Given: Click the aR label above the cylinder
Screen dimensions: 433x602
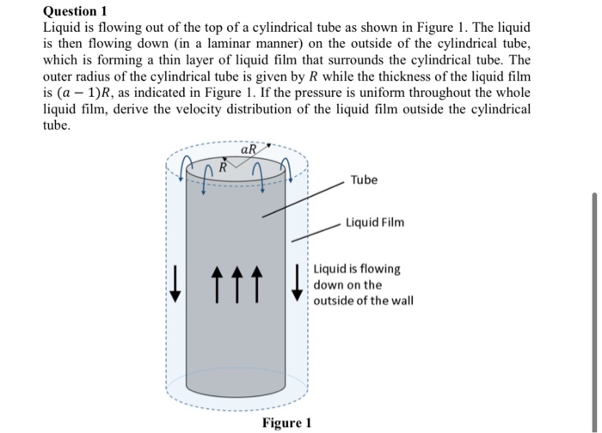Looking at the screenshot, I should [249, 149].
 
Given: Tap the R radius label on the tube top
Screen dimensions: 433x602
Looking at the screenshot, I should [222, 166].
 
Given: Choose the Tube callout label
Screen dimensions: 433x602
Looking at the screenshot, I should [363, 180].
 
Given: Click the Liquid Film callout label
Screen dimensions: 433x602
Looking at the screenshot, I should [375, 223].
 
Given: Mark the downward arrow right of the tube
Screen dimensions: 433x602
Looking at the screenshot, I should [298, 284].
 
